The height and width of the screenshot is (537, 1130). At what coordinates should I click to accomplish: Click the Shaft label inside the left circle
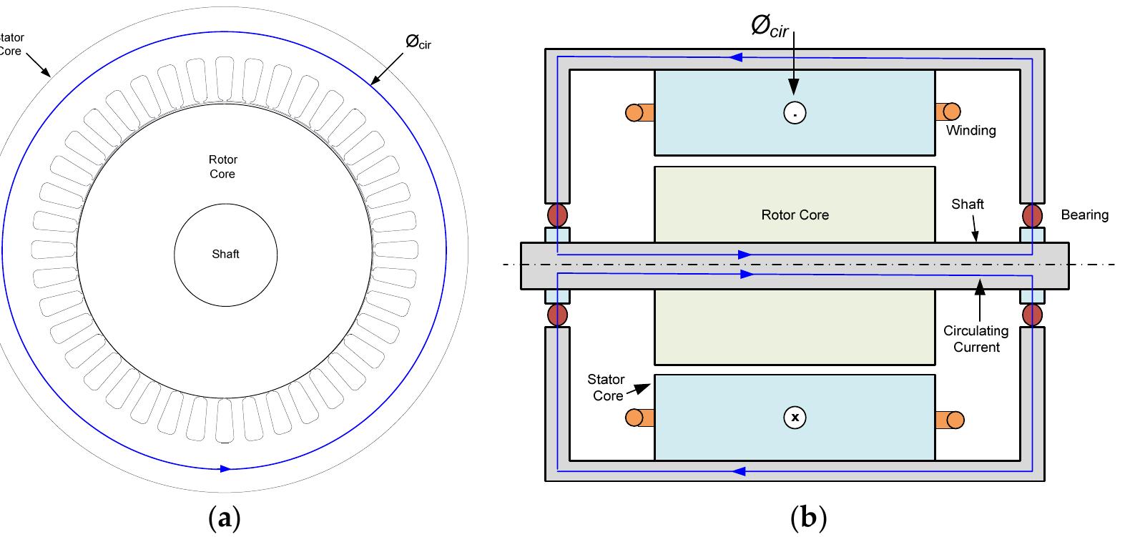click(225, 254)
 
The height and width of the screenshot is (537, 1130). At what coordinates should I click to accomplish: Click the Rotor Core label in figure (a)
click(222, 167)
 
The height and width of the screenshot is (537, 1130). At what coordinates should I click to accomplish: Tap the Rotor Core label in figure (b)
click(795, 215)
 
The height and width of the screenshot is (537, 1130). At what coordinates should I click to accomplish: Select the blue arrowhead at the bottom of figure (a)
click(225, 469)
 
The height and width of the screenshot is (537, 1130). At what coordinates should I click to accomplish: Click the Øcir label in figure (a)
click(418, 42)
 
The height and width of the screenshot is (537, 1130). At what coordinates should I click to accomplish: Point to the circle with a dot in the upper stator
click(795, 112)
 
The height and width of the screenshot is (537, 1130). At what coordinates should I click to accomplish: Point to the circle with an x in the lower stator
click(795, 417)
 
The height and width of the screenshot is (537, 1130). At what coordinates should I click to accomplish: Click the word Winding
click(971, 130)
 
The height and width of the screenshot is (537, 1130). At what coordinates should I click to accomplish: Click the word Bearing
click(1084, 215)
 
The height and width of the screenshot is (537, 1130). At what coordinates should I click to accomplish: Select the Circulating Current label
click(976, 339)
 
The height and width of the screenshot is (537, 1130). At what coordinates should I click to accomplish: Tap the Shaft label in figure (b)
click(967, 204)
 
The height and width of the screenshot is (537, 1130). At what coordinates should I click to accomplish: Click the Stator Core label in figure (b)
click(606, 388)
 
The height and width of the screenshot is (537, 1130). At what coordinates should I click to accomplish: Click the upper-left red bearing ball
click(557, 215)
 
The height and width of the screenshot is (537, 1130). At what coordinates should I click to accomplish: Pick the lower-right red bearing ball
click(1032, 314)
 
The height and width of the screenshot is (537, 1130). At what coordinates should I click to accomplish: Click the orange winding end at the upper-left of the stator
click(639, 112)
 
